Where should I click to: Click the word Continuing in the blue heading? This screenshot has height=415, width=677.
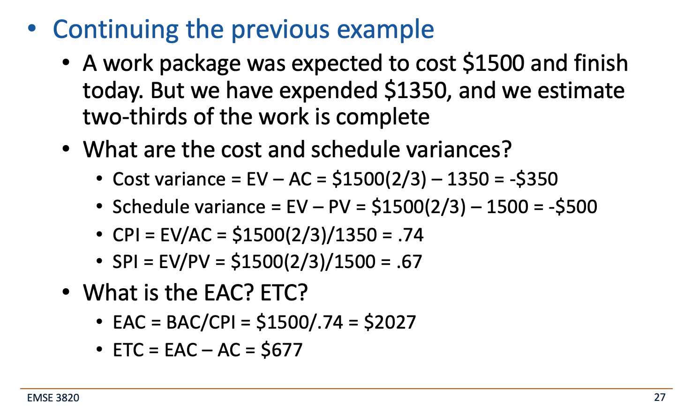click(x=115, y=29)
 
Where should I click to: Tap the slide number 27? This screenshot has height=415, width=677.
click(x=660, y=398)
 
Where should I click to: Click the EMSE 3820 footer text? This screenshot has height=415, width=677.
click(x=53, y=398)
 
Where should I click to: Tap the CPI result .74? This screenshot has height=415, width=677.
click(x=410, y=235)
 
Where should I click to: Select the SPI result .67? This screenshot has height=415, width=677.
click(x=409, y=261)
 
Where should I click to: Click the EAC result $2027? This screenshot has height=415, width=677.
click(x=390, y=323)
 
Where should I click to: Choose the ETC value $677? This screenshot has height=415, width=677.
click(x=282, y=350)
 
